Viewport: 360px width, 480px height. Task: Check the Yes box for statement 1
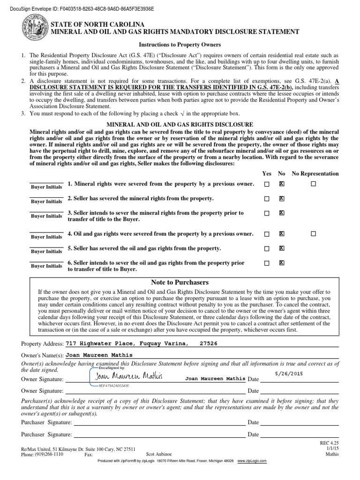pyautogui.click(x=267, y=184)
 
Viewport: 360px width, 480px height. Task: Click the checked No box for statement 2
pyautogui.click(x=281, y=199)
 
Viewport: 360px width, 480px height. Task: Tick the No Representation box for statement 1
pyautogui.click(x=313, y=184)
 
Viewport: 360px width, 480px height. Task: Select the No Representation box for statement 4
pyautogui.click(x=313, y=233)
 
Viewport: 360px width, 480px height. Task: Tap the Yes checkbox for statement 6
pyautogui.click(x=267, y=263)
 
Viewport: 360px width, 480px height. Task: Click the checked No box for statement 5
pyautogui.click(x=281, y=248)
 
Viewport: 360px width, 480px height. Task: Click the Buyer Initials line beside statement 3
pyautogui.click(x=46, y=211)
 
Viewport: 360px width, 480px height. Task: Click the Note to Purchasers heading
pyautogui.click(x=180, y=282)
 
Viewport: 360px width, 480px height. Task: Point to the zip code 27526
pyautogui.click(x=209, y=343)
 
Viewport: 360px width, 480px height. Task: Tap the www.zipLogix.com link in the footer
pyautogui.click(x=252, y=461)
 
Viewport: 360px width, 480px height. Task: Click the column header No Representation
pyautogui.click(x=315, y=173)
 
